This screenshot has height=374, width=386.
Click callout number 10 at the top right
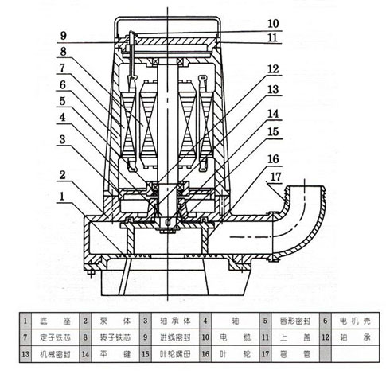pos(273,22)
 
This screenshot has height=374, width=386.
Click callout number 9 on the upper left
pos(63,34)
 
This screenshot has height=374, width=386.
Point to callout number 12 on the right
pos(273,68)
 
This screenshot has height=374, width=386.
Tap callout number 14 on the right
pos(273,113)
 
